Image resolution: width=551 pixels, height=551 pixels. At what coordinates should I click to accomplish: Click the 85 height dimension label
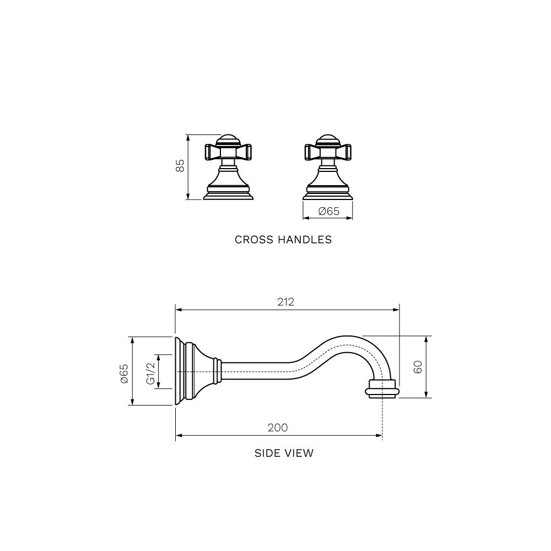click(x=180, y=166)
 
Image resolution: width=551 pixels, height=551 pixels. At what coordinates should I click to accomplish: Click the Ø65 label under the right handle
click(x=328, y=211)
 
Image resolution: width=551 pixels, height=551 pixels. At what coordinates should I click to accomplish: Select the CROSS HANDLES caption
click(x=283, y=240)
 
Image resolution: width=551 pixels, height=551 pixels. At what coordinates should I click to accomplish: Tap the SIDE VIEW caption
click(x=284, y=453)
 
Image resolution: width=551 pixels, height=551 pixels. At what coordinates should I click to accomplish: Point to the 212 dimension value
click(x=286, y=302)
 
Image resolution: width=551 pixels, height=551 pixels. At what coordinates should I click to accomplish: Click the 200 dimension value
click(x=278, y=428)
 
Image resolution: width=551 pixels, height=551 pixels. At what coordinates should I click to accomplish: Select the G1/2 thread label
click(x=149, y=372)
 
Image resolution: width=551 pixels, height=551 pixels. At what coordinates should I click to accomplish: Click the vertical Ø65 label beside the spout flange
click(x=124, y=372)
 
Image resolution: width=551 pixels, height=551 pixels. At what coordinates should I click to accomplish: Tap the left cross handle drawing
click(x=228, y=167)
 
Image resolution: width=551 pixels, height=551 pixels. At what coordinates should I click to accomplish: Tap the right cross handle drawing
click(x=328, y=167)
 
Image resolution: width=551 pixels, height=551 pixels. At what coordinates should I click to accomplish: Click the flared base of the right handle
click(x=328, y=190)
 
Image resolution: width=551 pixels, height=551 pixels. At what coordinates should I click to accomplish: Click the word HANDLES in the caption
click(x=306, y=240)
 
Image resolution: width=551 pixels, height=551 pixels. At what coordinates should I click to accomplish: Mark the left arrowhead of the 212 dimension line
click(x=178, y=310)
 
